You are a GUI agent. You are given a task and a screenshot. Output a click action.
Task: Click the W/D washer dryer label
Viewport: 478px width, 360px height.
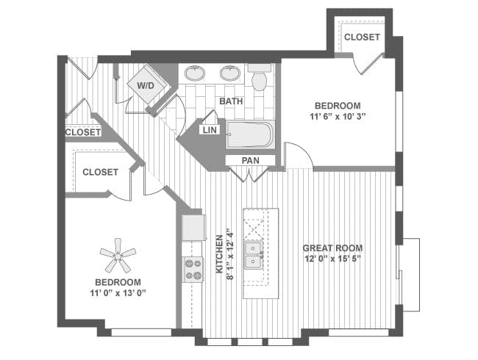[144, 84]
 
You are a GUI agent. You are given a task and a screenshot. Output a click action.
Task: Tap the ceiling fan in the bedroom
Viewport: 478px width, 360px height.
[118, 256]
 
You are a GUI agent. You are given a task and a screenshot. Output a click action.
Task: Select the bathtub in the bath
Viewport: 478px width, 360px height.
[250, 135]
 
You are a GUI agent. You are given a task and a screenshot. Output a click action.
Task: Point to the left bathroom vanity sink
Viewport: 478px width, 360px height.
[195, 73]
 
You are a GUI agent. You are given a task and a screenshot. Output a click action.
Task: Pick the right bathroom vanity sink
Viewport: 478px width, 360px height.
[230, 73]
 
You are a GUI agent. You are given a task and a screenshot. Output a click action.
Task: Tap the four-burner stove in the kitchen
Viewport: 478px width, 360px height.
[193, 270]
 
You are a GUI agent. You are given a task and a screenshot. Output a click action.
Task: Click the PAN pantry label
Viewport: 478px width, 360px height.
[251, 160]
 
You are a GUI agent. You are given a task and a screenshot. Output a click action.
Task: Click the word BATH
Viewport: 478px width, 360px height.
[231, 101]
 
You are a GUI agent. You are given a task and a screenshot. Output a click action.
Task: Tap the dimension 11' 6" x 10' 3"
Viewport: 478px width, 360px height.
[338, 116]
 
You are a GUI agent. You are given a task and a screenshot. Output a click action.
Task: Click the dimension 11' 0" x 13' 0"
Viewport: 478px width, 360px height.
[118, 293]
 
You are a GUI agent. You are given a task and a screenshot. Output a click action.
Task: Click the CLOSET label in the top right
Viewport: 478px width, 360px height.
[362, 37]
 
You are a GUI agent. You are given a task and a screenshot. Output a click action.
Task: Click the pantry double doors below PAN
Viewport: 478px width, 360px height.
[251, 175]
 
